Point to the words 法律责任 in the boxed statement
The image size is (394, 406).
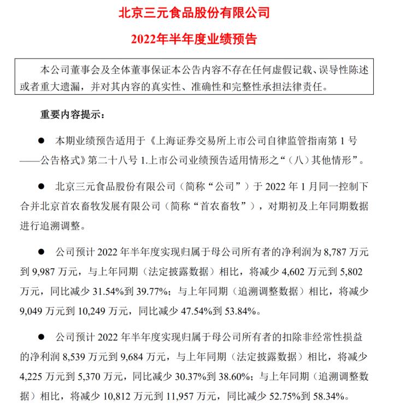312,87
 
